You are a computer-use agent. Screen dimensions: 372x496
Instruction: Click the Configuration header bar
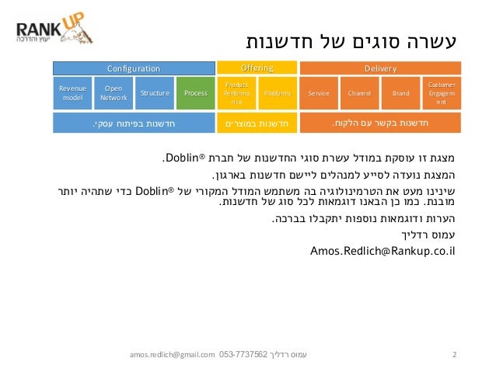(133, 68)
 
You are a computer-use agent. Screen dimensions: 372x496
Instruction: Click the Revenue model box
(72, 93)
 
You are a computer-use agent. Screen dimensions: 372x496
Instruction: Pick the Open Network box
(114, 93)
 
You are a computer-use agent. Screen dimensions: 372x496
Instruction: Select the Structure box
(154, 93)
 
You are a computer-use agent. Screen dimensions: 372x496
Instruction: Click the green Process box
(195, 93)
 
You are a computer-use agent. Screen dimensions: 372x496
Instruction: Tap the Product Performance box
(236, 93)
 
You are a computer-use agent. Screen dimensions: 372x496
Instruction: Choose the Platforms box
(277, 93)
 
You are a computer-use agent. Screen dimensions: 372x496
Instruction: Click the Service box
(319, 93)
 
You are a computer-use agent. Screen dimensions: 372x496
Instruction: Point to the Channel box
(359, 93)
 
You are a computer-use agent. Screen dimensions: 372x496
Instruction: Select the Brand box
(400, 93)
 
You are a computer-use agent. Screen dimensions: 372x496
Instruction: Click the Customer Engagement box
(441, 93)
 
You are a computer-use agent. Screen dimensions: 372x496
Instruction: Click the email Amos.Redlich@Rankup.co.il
(382, 251)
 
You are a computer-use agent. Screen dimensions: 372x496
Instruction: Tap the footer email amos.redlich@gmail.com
(173, 355)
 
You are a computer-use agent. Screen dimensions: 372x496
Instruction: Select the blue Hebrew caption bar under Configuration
(133, 123)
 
